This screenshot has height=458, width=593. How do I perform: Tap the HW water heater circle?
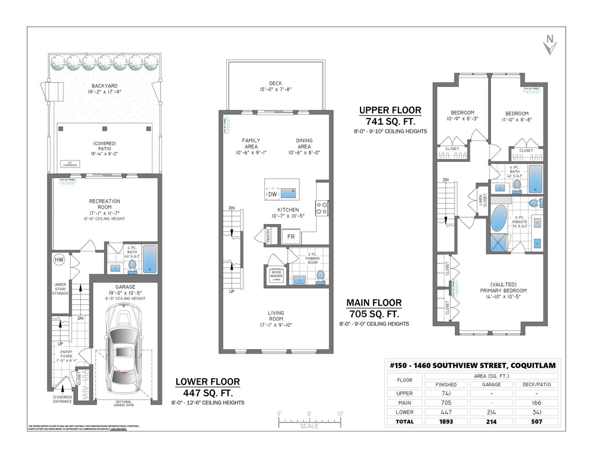tap(59, 260)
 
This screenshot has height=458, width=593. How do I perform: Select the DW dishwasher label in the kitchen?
tap(272, 194)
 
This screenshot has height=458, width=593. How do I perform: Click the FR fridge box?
tap(291, 237)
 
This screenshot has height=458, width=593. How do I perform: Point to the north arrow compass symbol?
tap(550, 45)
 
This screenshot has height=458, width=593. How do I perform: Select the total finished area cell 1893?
tap(446, 422)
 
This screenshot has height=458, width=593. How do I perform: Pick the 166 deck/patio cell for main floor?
tap(536, 403)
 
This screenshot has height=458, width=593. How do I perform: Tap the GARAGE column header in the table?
tap(491, 385)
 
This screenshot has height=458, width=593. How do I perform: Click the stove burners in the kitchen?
tap(322, 208)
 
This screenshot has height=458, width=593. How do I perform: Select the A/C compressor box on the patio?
tap(70, 164)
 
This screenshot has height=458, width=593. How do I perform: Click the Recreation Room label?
tap(104, 204)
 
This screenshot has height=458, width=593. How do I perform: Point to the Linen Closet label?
tap(482, 200)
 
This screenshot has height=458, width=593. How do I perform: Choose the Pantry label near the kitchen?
tap(268, 236)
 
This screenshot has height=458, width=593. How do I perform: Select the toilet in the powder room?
tap(320, 277)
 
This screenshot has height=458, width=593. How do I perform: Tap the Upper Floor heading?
tap(390, 110)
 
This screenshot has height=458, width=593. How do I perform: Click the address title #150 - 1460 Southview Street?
tap(473, 365)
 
